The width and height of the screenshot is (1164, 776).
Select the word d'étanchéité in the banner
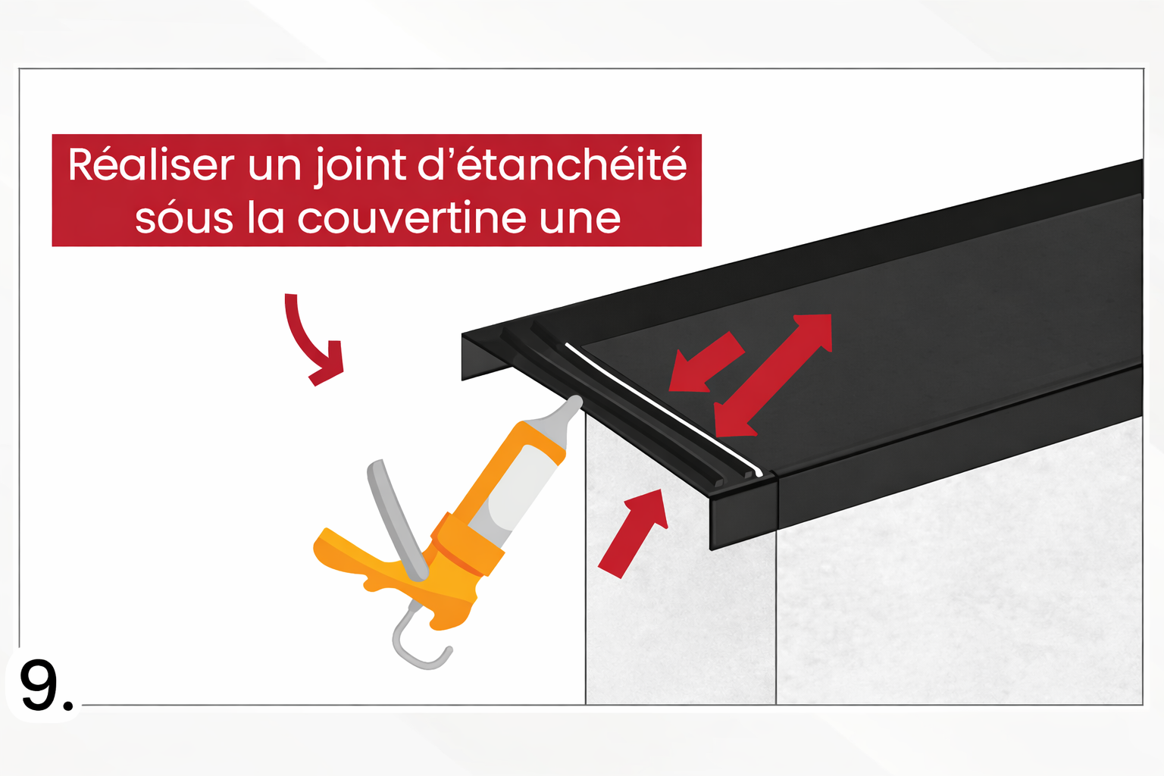coord(552,165)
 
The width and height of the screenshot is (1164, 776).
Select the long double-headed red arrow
coord(773,375)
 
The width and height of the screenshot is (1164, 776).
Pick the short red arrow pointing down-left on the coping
coord(705,362)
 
